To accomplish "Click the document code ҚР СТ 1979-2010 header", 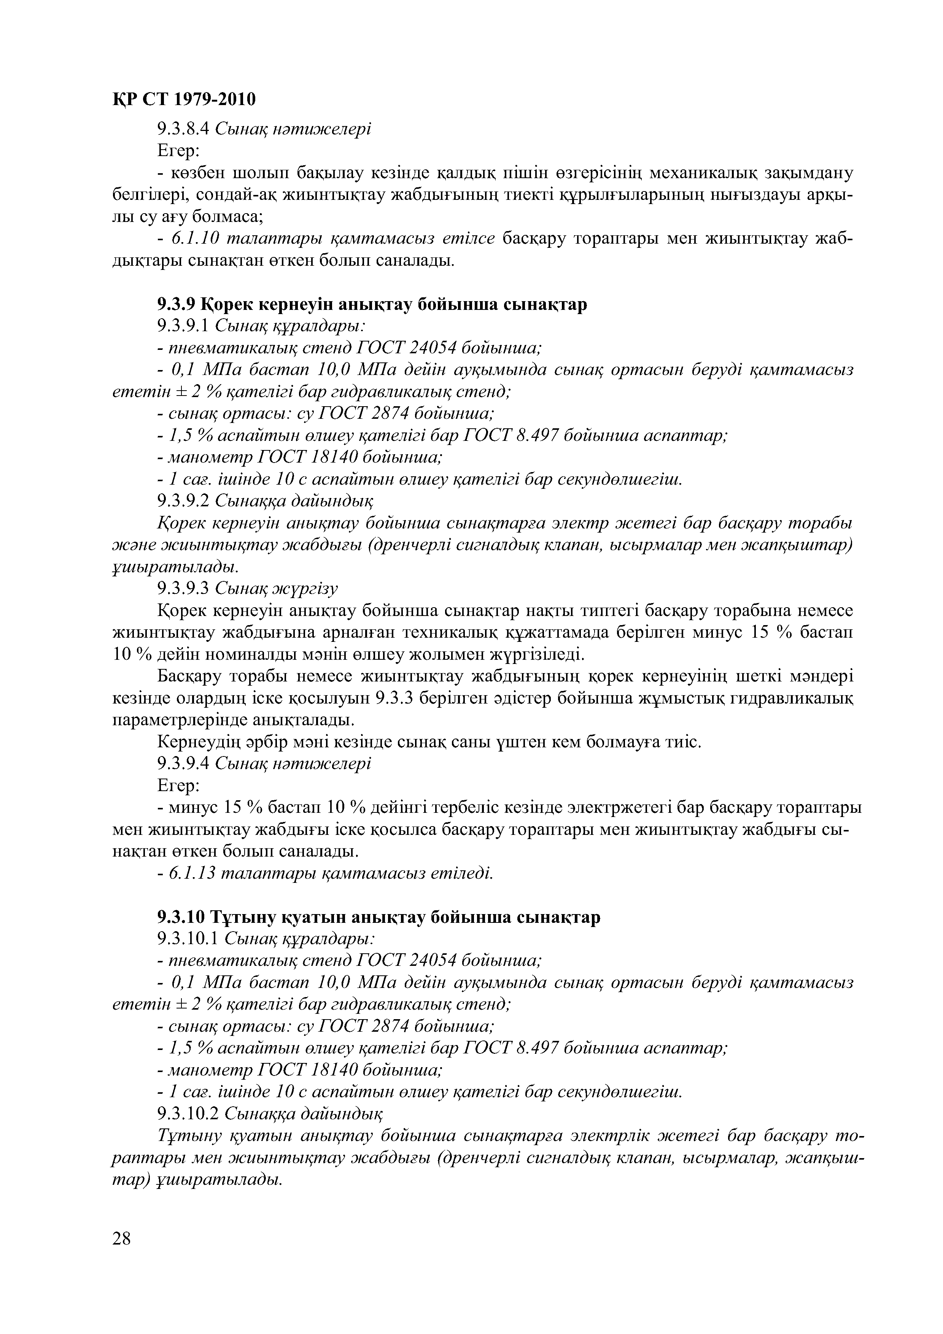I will coord(183,100).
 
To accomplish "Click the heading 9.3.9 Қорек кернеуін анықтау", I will coord(372,305).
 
